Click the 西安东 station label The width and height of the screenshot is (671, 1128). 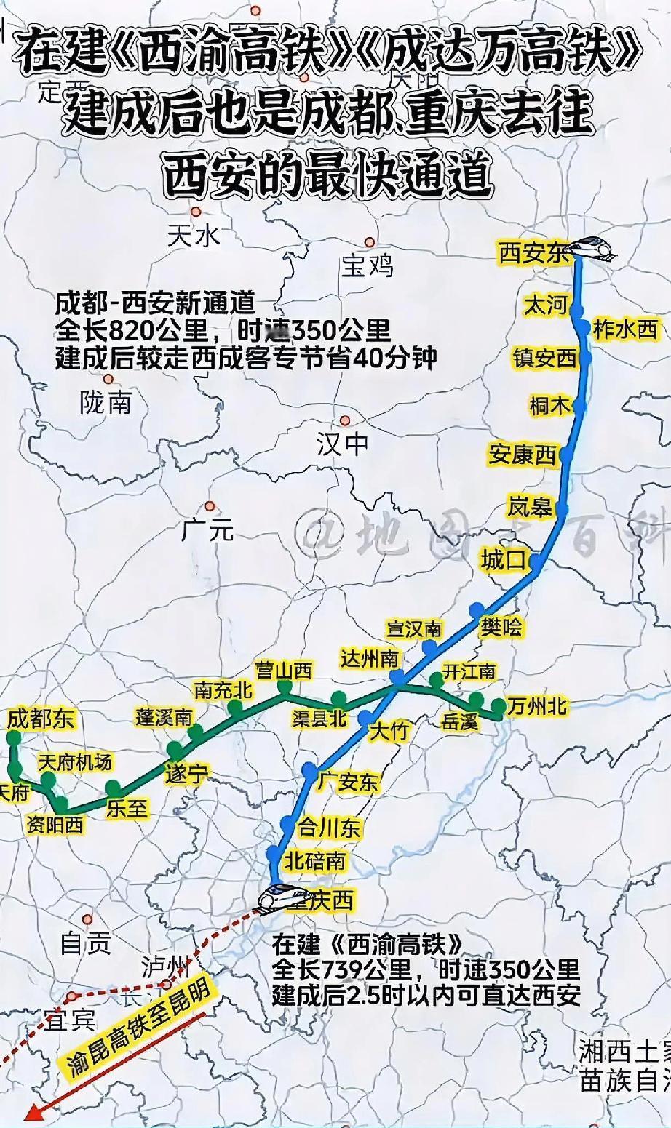pyautogui.click(x=533, y=253)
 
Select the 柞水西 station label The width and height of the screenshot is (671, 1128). pyautogui.click(x=625, y=329)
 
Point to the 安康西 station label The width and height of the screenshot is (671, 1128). pyautogui.click(x=522, y=455)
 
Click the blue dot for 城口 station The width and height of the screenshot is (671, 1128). pyautogui.click(x=536, y=561)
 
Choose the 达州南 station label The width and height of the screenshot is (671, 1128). pyautogui.click(x=370, y=658)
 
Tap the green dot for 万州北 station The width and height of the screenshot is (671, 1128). pyautogui.click(x=499, y=705)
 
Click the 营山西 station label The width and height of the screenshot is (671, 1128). pyautogui.click(x=283, y=670)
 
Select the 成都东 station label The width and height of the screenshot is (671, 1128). pyautogui.click(x=41, y=719)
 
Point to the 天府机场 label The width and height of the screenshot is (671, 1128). pyautogui.click(x=75, y=761)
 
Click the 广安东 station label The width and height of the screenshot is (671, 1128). pyautogui.click(x=348, y=782)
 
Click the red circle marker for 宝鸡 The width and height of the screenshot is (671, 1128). pyautogui.click(x=370, y=243)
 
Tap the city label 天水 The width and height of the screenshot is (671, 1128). pyautogui.click(x=193, y=235)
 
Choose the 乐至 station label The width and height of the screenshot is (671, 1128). pyautogui.click(x=127, y=808)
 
